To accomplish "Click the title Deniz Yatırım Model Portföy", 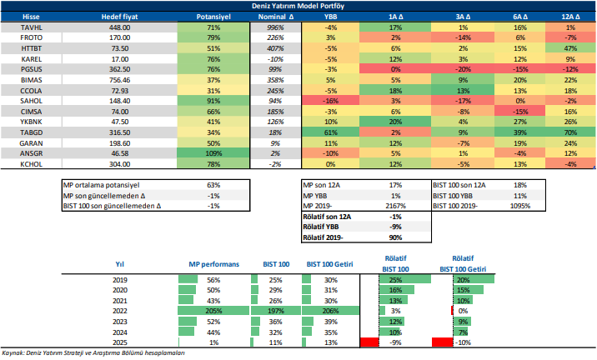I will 298,6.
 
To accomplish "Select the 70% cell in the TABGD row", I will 570,133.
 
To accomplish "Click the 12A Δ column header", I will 570,16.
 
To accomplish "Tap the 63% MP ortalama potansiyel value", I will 213,185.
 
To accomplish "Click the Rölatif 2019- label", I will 328,237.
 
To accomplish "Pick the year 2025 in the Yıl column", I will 120,342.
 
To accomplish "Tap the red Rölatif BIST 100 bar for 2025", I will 367,342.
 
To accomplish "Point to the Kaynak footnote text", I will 93,353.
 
